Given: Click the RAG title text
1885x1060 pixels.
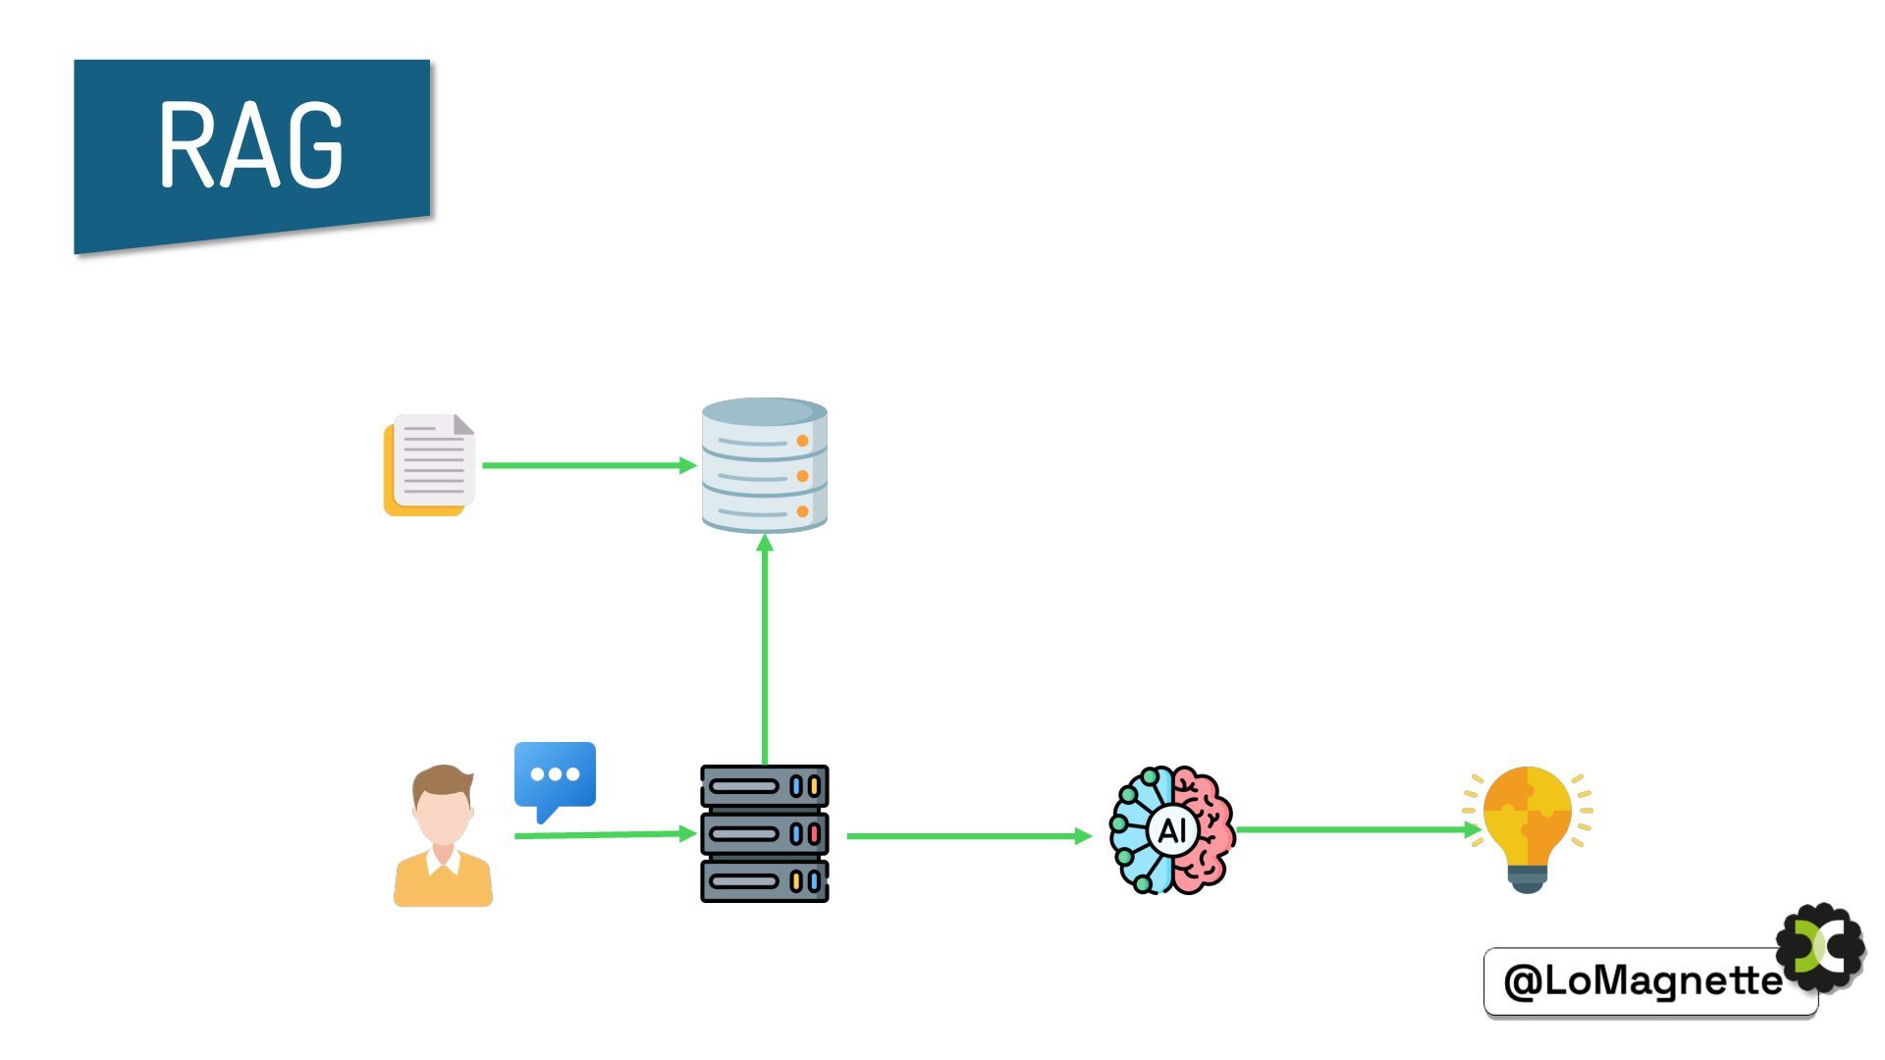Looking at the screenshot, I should point(251,144).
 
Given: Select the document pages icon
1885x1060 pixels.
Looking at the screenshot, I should point(430,464).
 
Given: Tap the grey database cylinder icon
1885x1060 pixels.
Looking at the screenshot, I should point(764,465).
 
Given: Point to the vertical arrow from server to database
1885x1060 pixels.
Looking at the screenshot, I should point(765,648).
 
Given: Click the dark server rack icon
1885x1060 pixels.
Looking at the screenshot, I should point(764,833).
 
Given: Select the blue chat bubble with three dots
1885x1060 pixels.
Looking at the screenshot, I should point(555,775).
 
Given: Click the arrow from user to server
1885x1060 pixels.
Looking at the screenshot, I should point(603,834).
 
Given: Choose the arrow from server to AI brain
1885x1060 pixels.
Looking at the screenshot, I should point(967,836).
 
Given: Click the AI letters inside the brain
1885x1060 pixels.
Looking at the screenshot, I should point(1172,830).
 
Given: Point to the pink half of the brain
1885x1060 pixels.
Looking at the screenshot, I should point(1206,830).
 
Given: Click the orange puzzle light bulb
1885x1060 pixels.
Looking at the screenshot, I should point(1527,815).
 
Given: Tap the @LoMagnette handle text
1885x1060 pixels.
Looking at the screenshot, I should point(1643,980).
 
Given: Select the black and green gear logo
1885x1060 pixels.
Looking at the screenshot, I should point(1822,947).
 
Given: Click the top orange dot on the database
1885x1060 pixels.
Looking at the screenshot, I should point(802,441).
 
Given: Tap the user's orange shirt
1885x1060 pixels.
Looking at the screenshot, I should point(443,882).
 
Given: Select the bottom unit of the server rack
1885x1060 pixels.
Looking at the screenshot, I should point(764,880).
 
